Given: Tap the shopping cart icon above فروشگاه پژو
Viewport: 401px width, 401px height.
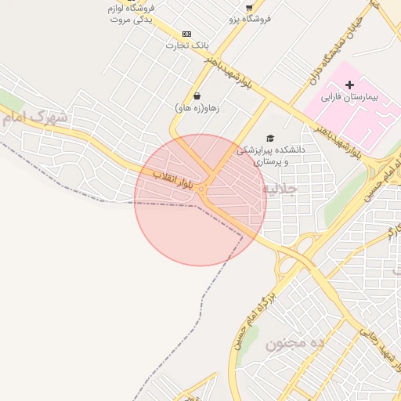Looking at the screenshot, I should point(249,7).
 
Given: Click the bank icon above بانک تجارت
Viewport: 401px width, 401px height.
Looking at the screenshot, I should point(186,34).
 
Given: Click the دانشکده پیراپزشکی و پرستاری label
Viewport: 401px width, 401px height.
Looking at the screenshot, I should point(273,154).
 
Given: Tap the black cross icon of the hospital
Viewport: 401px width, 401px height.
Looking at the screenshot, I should point(349,84).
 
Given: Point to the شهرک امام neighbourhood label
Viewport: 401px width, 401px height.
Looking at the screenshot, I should point(35,118).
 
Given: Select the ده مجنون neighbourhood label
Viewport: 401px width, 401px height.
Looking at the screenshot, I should point(294,344).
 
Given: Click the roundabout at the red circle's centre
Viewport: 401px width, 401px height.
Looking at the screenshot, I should point(201,189).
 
